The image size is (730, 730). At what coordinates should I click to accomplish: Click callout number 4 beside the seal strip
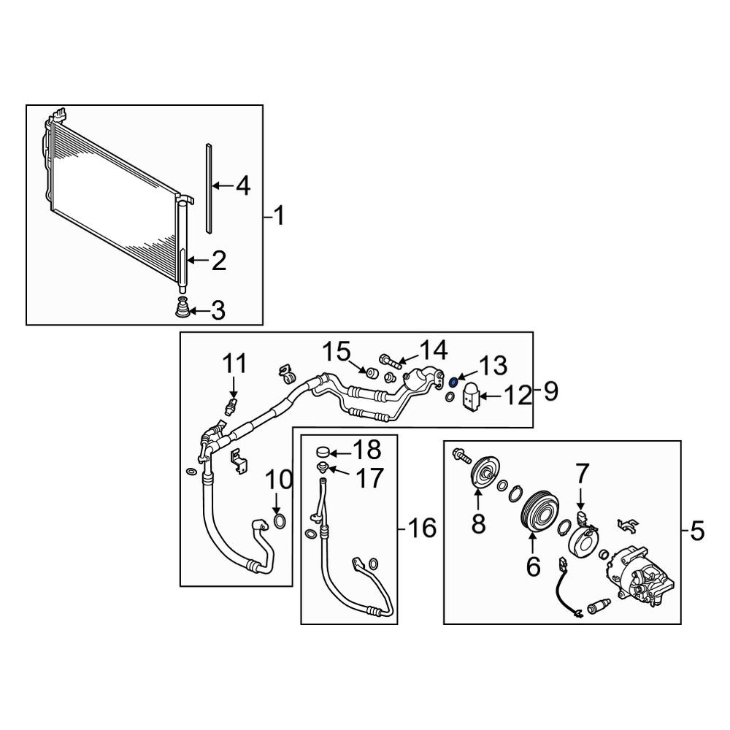(x=243, y=186)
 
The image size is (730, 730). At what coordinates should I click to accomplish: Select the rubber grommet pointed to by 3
(x=183, y=308)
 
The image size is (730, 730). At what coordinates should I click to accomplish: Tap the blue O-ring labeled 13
(x=452, y=383)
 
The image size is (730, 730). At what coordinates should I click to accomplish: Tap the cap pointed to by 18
(x=322, y=451)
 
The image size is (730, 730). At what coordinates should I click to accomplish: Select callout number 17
(x=369, y=478)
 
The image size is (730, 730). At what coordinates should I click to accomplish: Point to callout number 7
(x=583, y=474)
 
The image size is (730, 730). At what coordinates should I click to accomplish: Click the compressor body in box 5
(x=640, y=576)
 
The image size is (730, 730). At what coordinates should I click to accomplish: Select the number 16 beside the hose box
(x=422, y=529)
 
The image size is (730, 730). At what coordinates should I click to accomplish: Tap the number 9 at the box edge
(x=550, y=391)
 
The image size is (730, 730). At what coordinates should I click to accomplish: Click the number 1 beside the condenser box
(x=278, y=217)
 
